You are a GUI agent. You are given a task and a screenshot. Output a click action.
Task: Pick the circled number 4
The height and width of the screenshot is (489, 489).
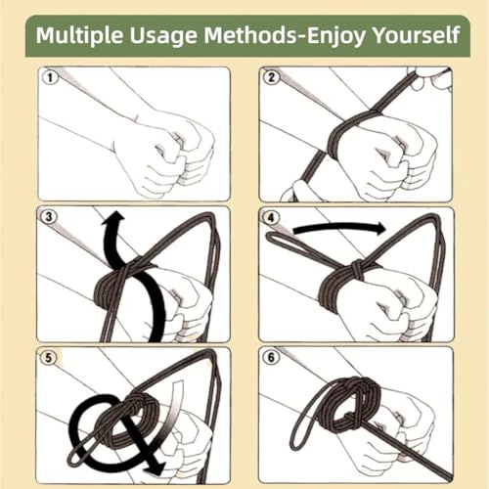[273, 217]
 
